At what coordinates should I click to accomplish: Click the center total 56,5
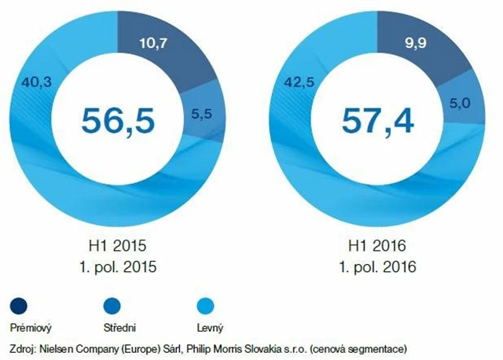point(118,120)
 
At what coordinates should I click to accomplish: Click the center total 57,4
point(379,120)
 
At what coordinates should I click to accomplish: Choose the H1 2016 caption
point(379,245)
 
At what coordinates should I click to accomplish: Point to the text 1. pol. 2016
point(379,266)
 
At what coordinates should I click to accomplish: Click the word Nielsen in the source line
point(61,347)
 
